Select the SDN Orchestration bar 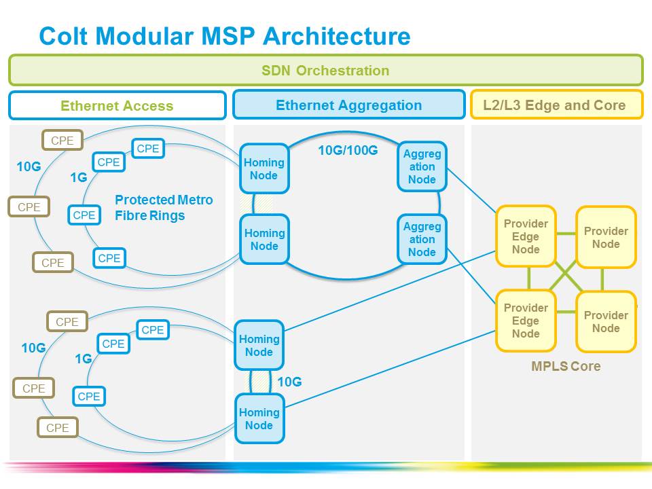coord(325,70)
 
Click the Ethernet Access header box coord(117,105)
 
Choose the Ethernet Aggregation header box coord(348,105)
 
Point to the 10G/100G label coord(348,150)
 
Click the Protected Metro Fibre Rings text coord(164,208)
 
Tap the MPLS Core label coord(566,366)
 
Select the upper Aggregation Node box coord(422,166)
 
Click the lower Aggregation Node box coord(422,239)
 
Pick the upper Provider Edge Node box coord(526,236)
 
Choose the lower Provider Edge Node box coord(526,321)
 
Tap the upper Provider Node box coord(606,237)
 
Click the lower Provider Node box coord(606,321)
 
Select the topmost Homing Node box coord(264,168)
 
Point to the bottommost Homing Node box coord(259,418)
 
